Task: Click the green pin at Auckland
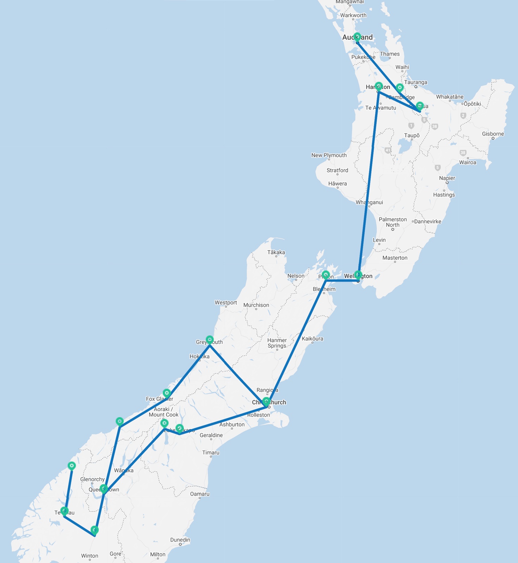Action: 357,37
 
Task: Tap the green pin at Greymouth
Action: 210,340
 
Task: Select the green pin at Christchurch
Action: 266,401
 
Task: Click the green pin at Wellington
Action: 358,274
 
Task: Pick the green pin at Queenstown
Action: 104,488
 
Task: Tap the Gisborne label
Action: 493,134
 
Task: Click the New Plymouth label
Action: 329,155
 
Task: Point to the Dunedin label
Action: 180,540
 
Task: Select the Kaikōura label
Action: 312,339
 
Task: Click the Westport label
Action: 226,303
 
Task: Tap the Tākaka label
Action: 276,252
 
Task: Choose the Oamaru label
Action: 200,494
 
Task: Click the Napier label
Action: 447,178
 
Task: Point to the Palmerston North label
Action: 393,222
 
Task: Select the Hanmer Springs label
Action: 277,343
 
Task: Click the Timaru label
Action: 211,453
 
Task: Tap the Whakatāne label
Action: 450,97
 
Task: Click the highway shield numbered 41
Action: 388,150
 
